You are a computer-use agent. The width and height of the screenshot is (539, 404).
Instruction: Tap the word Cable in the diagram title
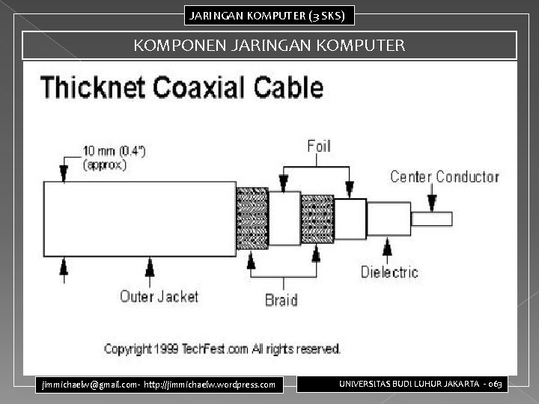click(289, 88)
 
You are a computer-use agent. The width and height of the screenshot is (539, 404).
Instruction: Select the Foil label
click(319, 145)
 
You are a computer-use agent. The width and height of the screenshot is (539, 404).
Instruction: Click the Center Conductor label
click(444, 177)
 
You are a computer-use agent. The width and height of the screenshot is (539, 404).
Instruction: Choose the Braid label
click(281, 300)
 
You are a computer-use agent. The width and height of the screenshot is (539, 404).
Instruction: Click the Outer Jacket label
click(159, 296)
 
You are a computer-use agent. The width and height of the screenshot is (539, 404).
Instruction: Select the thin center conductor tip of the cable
click(431, 219)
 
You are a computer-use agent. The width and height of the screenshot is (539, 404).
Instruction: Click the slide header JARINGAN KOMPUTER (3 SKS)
click(267, 14)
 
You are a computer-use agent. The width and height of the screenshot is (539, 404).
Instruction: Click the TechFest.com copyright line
click(222, 349)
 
